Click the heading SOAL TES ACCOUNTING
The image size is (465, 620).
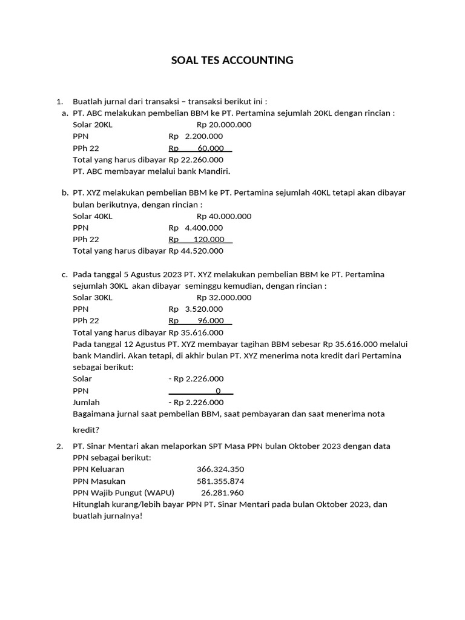tap(232, 60)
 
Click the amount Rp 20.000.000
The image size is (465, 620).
tap(224, 125)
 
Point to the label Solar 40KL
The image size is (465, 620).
tap(92, 216)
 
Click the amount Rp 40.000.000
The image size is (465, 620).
tap(224, 216)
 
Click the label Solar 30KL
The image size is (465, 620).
tap(92, 297)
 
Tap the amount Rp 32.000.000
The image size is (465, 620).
tap(224, 297)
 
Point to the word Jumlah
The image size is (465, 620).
tap(86, 402)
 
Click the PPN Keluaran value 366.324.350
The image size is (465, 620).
tap(220, 469)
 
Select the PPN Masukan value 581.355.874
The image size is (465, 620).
tap(220, 481)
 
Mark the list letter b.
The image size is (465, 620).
tap(64, 193)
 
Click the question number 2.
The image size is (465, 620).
tap(59, 446)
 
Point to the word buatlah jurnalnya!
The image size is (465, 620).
tap(107, 516)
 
